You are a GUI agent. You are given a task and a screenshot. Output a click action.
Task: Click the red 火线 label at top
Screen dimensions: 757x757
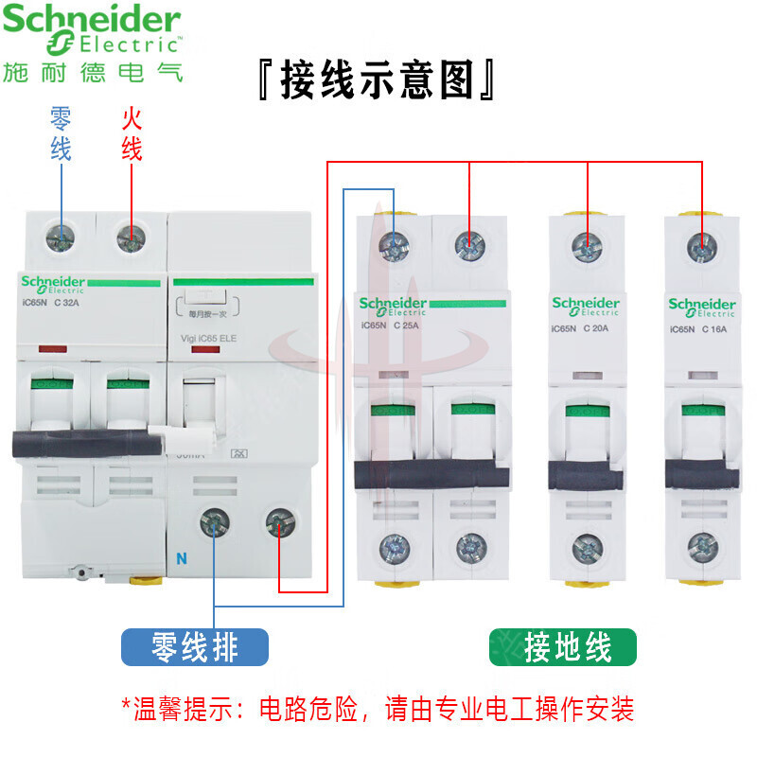click(131, 132)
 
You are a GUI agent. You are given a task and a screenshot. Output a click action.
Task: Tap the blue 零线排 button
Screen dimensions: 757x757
click(195, 647)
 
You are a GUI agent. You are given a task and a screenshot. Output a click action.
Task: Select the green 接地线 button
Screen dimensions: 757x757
click(563, 647)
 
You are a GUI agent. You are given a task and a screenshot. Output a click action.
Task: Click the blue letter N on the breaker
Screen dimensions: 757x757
click(181, 556)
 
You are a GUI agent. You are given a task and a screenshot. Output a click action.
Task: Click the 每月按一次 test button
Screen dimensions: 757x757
click(207, 307)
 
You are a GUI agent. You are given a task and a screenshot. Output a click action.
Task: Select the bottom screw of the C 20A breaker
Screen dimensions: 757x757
click(587, 546)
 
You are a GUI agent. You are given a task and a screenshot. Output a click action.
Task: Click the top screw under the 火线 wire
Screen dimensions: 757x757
click(131, 238)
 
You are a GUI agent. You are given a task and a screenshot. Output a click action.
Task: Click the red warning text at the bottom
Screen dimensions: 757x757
click(378, 708)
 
